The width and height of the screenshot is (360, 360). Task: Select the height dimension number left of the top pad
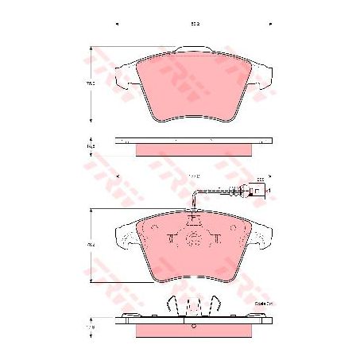pyautogui.click(x=91, y=83)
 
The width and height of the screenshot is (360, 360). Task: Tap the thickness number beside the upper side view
pyautogui.click(x=91, y=147)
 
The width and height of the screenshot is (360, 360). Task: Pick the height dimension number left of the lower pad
pyautogui.click(x=91, y=245)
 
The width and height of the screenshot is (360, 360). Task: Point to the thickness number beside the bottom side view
pyautogui.click(x=91, y=326)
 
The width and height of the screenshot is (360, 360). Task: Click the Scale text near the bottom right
pyautogui.click(x=261, y=303)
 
